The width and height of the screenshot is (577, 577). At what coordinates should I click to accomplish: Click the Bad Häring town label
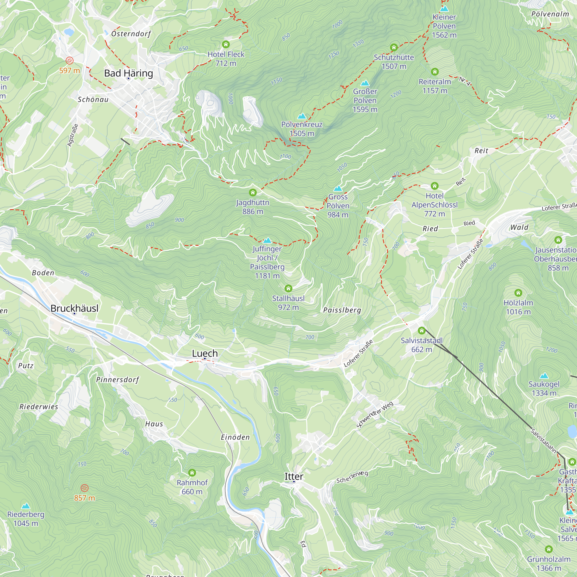click(128, 73)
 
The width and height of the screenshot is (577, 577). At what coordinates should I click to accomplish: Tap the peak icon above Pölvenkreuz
click(302, 116)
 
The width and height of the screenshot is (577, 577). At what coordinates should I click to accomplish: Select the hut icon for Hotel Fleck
click(226, 44)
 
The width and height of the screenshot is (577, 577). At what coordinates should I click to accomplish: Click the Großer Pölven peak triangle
click(365, 83)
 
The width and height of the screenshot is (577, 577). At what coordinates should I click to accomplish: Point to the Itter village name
click(294, 476)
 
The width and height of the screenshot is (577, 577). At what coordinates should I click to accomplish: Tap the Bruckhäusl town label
click(74, 308)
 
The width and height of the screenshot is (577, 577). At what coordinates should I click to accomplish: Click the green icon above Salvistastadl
click(421, 330)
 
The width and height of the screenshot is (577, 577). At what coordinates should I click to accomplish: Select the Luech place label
click(205, 353)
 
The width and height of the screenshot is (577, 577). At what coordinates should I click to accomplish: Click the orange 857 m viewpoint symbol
click(85, 488)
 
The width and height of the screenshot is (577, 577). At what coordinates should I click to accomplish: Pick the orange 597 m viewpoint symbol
click(70, 61)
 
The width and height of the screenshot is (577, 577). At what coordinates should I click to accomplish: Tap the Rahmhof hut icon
click(192, 473)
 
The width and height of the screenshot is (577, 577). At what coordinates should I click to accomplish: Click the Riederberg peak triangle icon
click(26, 506)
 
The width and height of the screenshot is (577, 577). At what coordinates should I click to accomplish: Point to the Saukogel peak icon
click(544, 376)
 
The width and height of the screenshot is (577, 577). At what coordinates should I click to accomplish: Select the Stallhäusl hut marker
click(288, 288)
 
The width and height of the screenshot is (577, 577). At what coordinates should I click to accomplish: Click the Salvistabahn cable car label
click(543, 441)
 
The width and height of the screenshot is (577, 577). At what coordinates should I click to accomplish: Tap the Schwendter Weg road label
click(375, 415)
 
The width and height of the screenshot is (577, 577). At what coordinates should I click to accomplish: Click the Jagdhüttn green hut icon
click(253, 192)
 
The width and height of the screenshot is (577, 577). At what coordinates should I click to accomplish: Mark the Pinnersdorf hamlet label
click(118, 380)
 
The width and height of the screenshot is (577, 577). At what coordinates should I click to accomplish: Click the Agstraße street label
click(73, 135)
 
